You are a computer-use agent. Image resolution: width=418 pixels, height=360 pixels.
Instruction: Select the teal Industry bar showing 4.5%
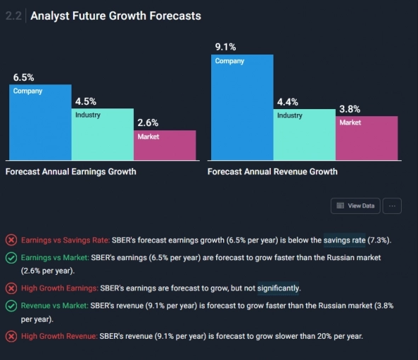click(103, 134)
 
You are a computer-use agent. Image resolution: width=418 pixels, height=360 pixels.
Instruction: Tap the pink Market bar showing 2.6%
click(165, 145)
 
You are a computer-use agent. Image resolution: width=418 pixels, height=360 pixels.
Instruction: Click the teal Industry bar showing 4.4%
click(305, 134)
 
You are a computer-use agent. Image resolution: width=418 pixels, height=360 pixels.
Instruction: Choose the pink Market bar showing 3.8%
click(367, 137)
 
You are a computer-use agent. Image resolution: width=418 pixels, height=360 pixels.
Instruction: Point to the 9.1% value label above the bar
click(225, 47)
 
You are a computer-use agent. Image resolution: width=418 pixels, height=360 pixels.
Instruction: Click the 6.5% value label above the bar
click(23, 77)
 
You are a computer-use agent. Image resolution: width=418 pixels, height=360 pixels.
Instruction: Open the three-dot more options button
click(392, 206)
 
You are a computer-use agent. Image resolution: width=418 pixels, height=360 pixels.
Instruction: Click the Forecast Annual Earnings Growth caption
click(71, 171)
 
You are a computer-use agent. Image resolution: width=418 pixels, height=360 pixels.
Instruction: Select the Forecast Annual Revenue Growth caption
click(273, 171)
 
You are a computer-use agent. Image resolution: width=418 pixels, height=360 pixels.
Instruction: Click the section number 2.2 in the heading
click(13, 16)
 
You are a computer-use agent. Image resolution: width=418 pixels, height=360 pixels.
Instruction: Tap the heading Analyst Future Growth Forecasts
click(115, 16)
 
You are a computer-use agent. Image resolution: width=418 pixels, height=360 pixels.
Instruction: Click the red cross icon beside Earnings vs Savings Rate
click(11, 240)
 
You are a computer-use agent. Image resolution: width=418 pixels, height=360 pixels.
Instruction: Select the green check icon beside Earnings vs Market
click(11, 258)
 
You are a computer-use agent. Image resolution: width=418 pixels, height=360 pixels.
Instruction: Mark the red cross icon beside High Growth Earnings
click(11, 288)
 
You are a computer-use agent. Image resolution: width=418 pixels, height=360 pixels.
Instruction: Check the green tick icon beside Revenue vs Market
click(11, 306)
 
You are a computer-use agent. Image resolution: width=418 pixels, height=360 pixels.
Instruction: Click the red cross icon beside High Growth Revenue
click(11, 336)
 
